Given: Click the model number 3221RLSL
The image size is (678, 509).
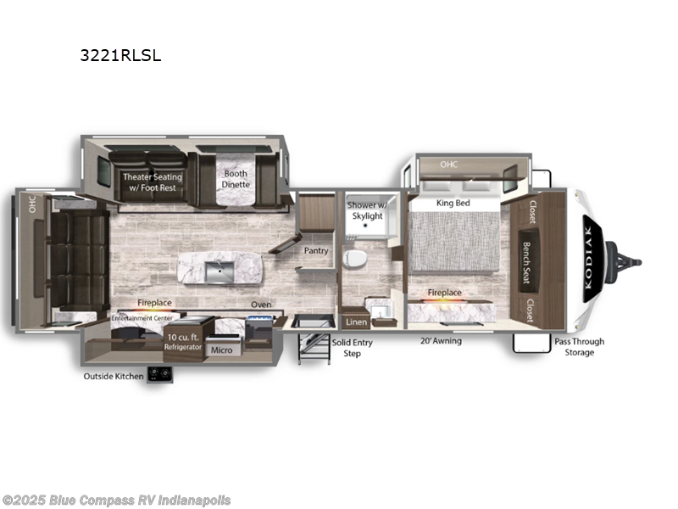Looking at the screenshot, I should (119, 56).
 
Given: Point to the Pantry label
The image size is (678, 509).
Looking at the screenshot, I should (317, 251).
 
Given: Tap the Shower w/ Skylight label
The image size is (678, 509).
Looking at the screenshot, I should (366, 210).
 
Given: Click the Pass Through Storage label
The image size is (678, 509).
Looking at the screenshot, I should (580, 347).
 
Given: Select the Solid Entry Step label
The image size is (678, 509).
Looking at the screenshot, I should (352, 347).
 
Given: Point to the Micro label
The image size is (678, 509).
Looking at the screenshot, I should (220, 349).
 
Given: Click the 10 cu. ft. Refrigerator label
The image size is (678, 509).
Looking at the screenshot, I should (183, 342).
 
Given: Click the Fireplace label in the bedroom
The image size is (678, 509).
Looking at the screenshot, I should (444, 293).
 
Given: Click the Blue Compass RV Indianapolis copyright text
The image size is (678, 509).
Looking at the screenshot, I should (116, 501).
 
